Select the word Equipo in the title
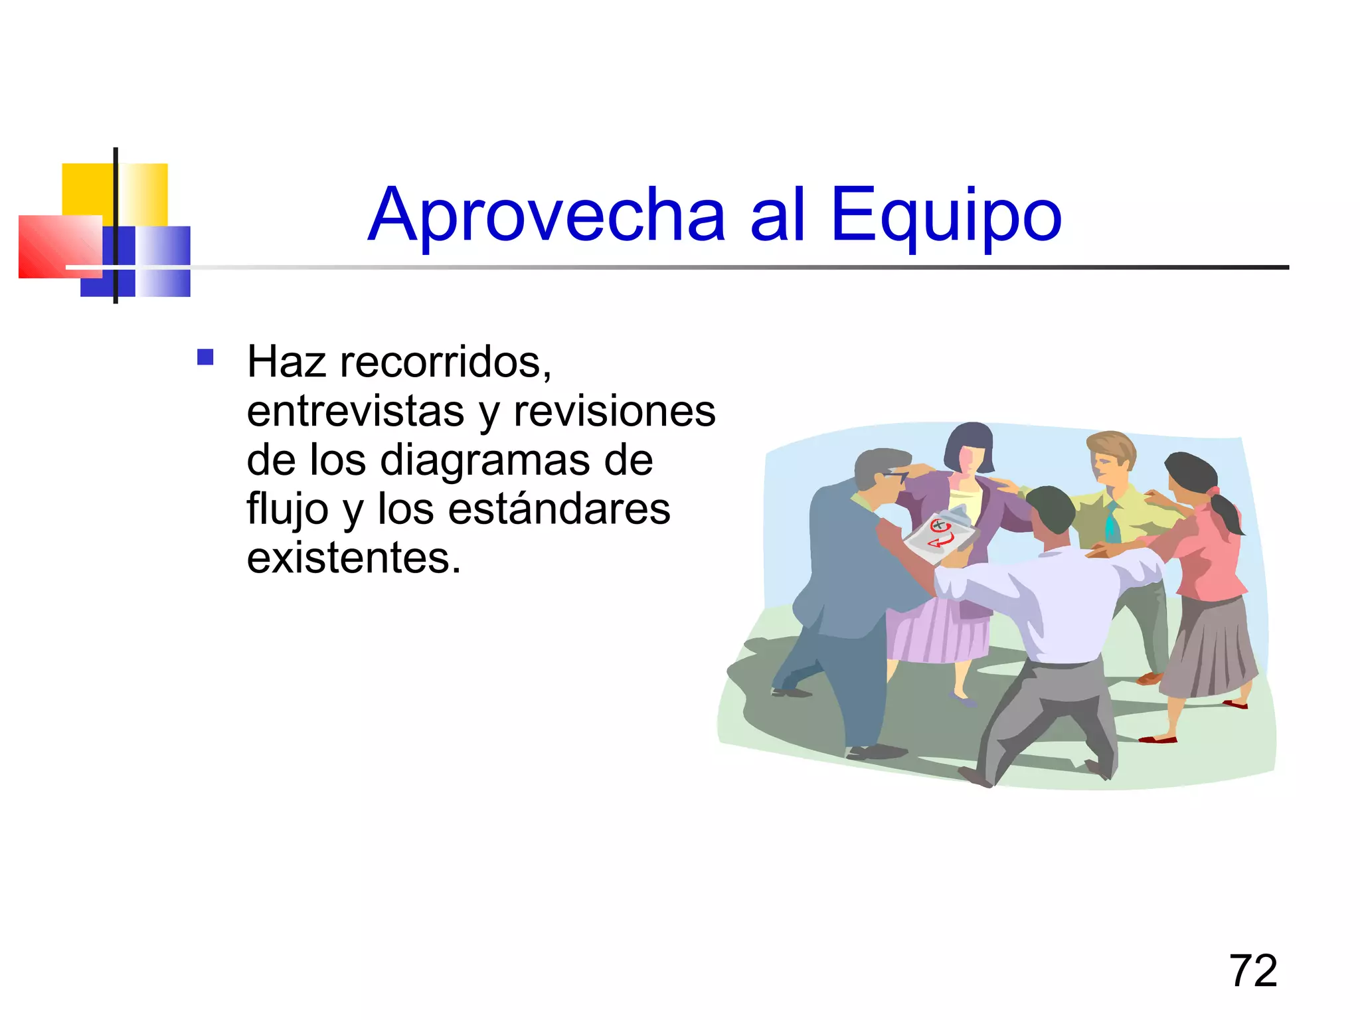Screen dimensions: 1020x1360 pyautogui.click(x=946, y=216)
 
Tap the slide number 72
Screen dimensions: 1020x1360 pyautogui.click(x=1253, y=971)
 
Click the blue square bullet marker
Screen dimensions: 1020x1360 pyautogui.click(x=205, y=358)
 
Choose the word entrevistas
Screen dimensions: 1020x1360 pyautogui.click(x=355, y=411)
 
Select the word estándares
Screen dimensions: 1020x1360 pyautogui.click(x=559, y=509)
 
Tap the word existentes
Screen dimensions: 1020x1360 pyautogui.click(x=353, y=558)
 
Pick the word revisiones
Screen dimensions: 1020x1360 pyautogui.click(x=614, y=411)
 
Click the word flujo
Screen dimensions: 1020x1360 pyautogui.click(x=288, y=510)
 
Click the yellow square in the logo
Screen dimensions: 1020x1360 pyautogui.click(x=90, y=189)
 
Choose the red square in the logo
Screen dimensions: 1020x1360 pyautogui.click(x=56, y=246)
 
